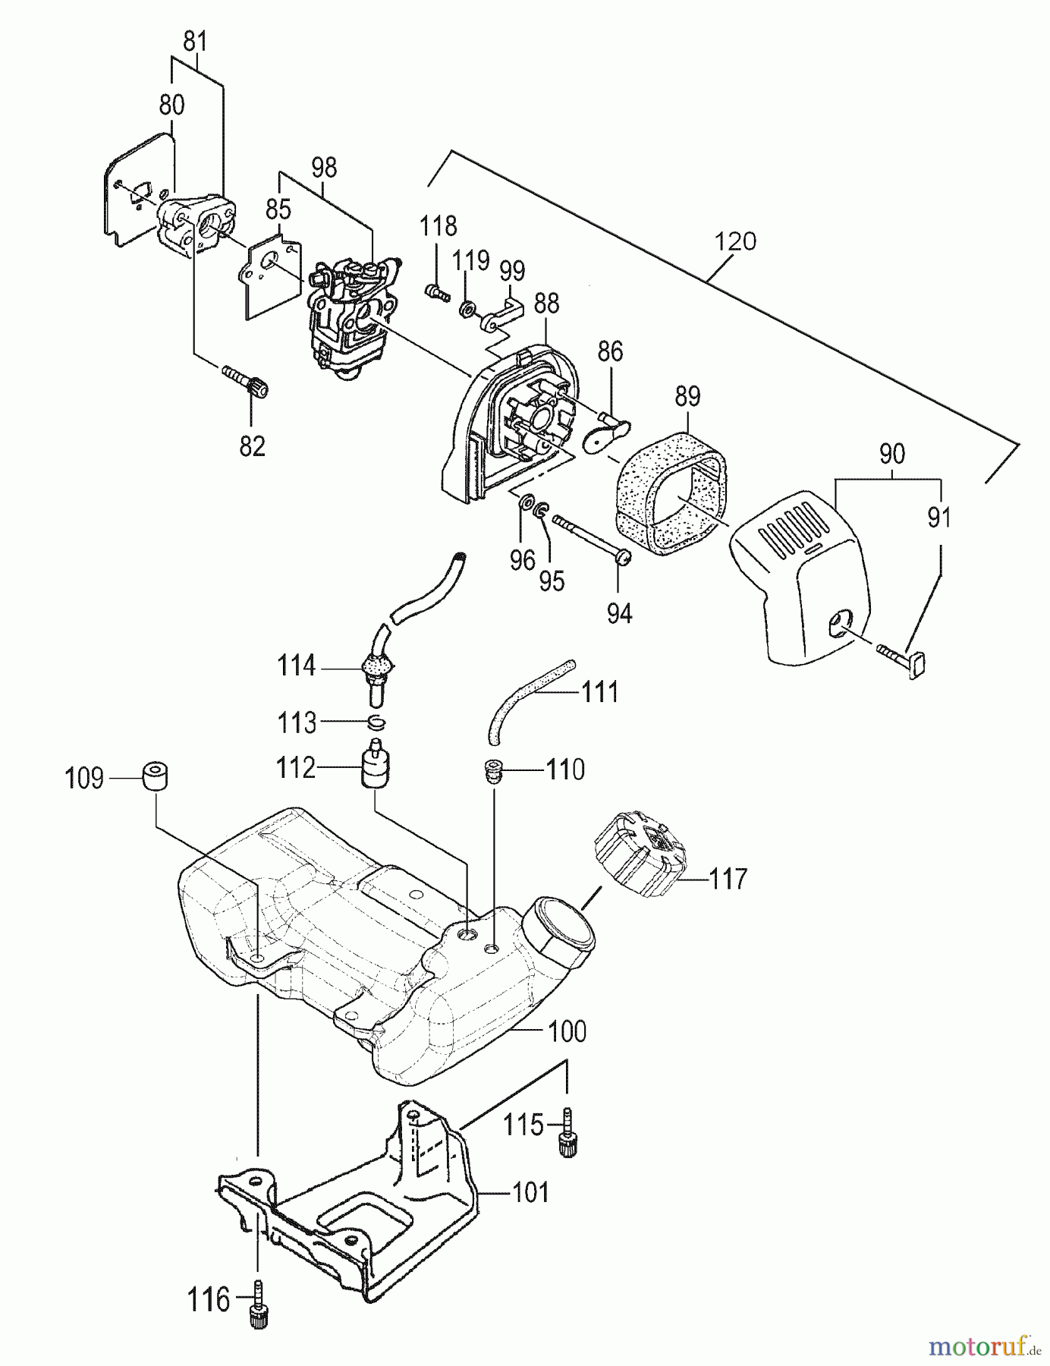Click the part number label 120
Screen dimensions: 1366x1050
coord(735,241)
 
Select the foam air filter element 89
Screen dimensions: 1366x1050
coord(668,493)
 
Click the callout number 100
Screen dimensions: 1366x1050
coord(567,1031)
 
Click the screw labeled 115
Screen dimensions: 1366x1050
coord(567,1134)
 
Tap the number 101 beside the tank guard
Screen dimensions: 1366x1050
coord(530,1192)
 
